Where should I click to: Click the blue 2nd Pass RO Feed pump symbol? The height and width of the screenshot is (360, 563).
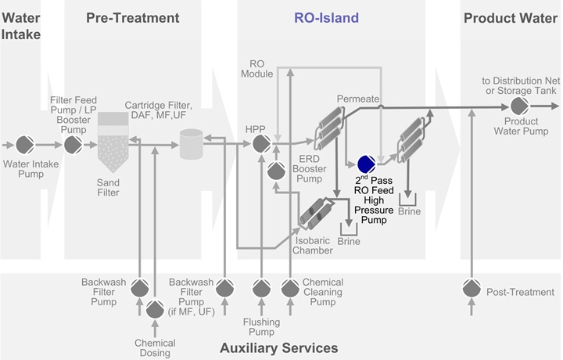pos(366,165)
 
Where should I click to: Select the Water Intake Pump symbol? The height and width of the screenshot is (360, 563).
pos(27,145)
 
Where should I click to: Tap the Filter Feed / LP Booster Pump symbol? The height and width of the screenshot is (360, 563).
pos(73,145)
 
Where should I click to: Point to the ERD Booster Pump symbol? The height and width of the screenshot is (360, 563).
pos(275,170)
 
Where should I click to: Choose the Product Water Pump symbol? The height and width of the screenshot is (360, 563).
pos(518,106)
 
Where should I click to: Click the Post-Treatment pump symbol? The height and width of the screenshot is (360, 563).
pos(471,289)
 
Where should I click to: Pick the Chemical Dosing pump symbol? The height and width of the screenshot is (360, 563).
pos(154,310)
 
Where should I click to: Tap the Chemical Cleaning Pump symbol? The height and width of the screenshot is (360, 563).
pos(289,289)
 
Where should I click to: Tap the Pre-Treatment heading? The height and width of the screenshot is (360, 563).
pos(133,18)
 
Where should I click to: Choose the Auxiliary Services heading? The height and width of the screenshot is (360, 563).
pos(279,347)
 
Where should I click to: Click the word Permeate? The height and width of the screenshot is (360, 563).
pos(358,99)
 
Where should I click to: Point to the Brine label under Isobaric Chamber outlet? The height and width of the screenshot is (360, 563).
pos(349,242)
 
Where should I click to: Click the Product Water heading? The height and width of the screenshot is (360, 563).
pos(510,18)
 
